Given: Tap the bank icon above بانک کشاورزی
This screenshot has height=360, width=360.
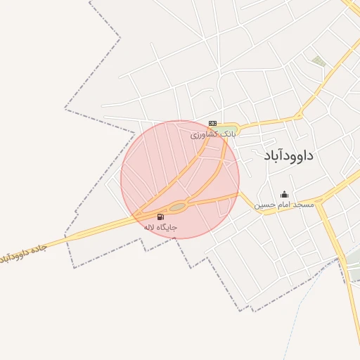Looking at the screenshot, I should (212, 123).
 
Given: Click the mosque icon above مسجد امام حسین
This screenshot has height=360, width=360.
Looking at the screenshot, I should (284, 194).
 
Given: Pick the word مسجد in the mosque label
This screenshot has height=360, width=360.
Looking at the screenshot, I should (304, 205).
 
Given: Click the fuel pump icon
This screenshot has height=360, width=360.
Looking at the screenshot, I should (161, 217).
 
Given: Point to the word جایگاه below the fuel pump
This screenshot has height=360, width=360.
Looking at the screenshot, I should (167, 228).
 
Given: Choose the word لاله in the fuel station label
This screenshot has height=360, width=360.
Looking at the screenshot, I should (148, 228).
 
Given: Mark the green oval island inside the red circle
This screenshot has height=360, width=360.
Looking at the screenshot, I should (177, 206).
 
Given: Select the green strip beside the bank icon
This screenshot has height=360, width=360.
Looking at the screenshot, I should (226, 127).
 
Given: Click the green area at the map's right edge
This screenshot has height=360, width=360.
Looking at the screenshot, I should (353, 260).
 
